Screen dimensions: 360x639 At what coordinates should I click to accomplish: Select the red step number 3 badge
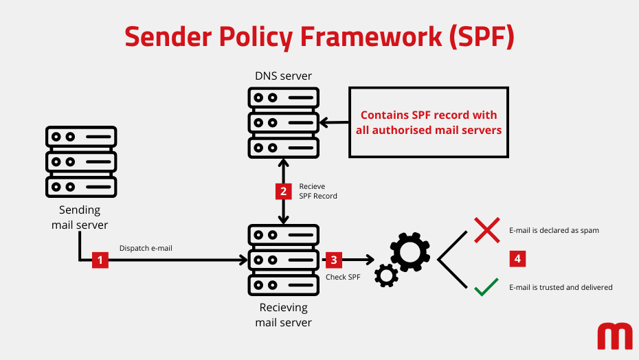(333, 260)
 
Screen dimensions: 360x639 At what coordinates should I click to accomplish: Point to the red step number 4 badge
(517, 259)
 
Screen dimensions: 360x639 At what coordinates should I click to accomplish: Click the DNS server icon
(283, 122)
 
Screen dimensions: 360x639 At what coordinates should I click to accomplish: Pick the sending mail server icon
(81, 161)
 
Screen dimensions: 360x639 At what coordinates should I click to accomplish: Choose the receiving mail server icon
(283, 260)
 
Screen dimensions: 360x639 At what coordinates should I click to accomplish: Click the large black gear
(410, 252)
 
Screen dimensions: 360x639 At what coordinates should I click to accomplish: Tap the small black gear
(386, 275)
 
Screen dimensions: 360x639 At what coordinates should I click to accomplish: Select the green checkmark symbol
(486, 288)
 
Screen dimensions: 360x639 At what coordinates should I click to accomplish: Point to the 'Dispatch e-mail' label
(146, 248)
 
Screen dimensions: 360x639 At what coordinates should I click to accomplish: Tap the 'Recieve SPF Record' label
(317, 191)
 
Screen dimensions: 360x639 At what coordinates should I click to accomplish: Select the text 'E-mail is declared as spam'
(554, 230)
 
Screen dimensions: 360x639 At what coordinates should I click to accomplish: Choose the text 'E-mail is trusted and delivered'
(560, 287)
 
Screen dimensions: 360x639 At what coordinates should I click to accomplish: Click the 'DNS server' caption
(283, 76)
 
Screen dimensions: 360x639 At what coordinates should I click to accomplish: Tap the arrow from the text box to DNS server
(335, 123)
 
